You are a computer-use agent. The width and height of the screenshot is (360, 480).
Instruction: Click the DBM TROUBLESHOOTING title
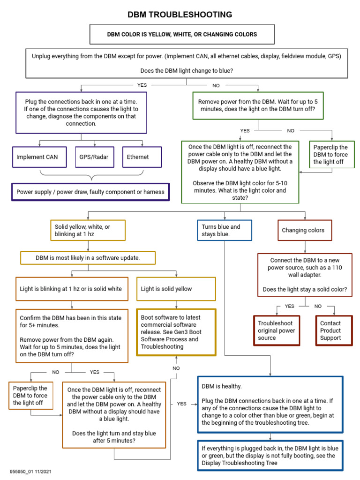tap(180, 15)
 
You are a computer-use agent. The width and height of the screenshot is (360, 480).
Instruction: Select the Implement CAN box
tap(37, 157)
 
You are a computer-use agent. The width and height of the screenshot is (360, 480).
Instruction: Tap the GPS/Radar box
tap(94, 157)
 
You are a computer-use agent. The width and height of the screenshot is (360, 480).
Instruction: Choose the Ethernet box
tap(142, 157)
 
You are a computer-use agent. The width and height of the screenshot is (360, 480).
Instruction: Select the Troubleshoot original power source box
tap(276, 330)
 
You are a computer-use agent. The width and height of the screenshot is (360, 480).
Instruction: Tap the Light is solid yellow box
tap(176, 289)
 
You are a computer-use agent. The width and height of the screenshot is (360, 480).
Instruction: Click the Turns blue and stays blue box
tap(225, 230)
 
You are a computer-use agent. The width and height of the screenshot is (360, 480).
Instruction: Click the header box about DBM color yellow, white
tap(182, 35)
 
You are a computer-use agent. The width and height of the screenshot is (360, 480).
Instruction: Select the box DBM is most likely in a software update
tap(88, 258)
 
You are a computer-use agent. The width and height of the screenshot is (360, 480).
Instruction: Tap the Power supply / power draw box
tap(90, 192)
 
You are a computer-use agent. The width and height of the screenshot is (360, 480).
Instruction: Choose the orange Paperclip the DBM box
tap(30, 396)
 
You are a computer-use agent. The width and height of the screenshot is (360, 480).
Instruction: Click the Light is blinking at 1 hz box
tap(71, 289)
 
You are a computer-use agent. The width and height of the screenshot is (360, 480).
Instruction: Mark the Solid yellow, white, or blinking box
tap(88, 230)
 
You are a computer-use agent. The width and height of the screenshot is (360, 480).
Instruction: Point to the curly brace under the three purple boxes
tap(90, 177)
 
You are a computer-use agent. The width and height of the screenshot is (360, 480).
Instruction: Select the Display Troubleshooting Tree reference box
tap(270, 456)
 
